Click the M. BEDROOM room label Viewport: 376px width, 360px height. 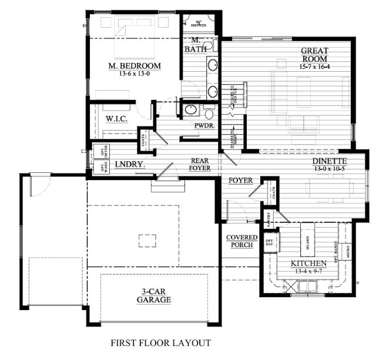coord(135,65)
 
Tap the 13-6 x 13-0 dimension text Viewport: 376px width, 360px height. coord(135,74)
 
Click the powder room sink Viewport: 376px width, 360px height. coord(190,110)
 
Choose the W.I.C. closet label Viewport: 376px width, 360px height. coord(117,119)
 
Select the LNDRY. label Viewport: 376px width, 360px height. coord(130,165)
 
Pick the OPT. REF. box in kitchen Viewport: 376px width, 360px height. coord(270,242)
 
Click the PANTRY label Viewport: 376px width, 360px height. coord(268,219)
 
